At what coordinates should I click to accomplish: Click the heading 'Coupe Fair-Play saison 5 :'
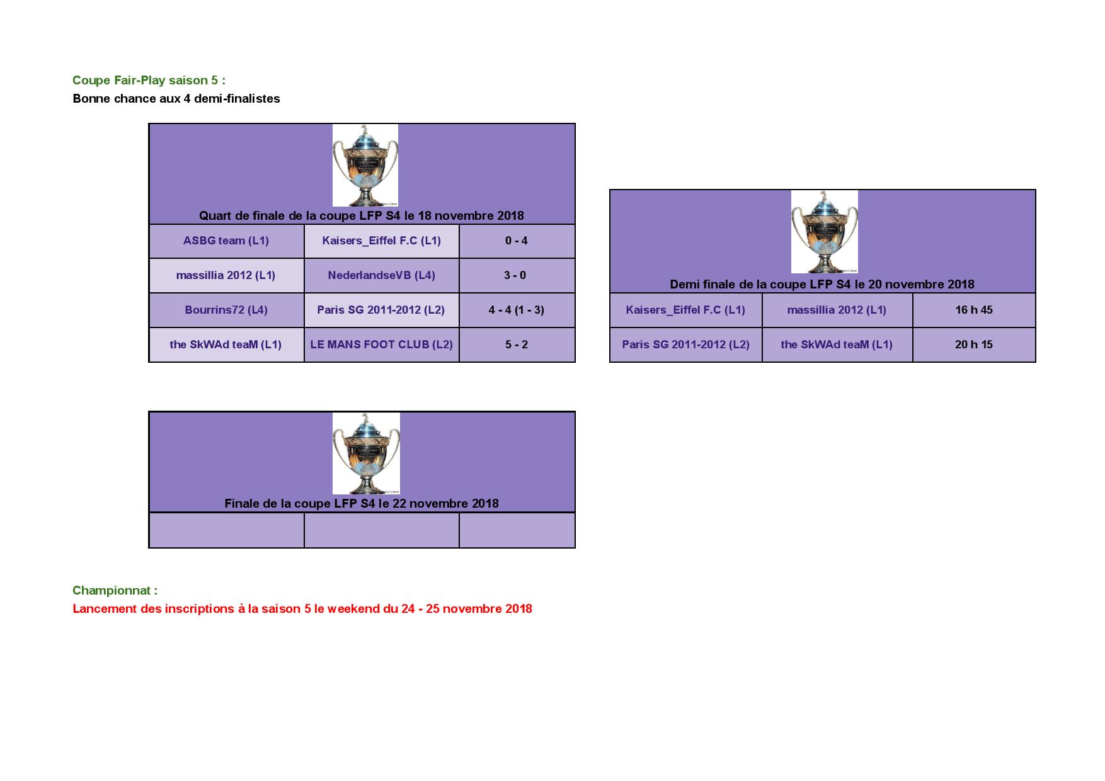tap(149, 80)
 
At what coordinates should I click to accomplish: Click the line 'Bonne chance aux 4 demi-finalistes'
tap(176, 98)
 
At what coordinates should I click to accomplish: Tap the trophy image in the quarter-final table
tap(365, 165)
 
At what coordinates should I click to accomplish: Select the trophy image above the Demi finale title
tap(824, 232)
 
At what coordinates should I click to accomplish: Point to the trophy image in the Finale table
tap(366, 453)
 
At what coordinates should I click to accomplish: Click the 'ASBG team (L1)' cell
tap(226, 241)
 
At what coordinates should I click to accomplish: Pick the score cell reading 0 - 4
tap(517, 241)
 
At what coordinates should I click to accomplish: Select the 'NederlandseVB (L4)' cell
tap(381, 276)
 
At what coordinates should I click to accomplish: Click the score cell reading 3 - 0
tap(517, 276)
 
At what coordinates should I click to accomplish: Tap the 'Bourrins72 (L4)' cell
tap(226, 311)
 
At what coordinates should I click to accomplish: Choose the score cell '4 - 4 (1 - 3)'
tap(517, 311)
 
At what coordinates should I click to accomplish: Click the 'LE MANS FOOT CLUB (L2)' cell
tap(381, 345)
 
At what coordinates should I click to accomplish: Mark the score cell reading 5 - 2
tap(517, 345)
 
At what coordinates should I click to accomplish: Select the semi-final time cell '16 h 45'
tap(974, 311)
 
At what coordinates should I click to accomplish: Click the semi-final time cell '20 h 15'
tap(974, 345)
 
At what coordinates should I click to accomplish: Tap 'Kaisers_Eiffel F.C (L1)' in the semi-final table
tap(685, 311)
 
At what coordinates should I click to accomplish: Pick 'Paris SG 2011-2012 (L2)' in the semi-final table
tap(685, 345)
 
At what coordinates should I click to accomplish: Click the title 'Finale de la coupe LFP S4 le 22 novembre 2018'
tap(362, 503)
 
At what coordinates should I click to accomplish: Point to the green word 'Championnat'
tap(112, 590)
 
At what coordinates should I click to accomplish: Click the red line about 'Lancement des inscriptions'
tap(302, 608)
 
